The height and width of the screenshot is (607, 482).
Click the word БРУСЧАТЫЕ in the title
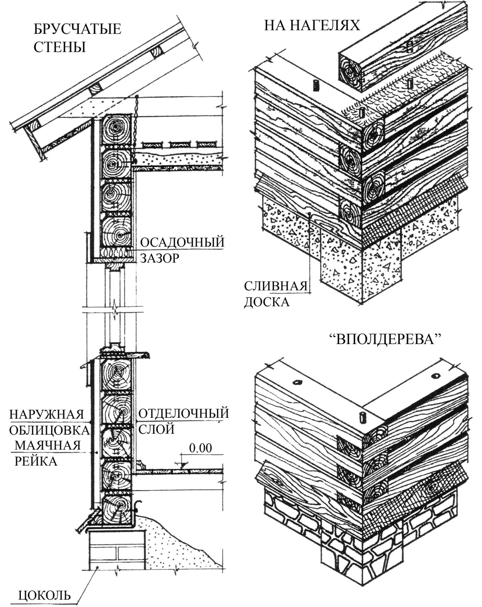[78, 29]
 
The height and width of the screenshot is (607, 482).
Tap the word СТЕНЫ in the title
[59, 47]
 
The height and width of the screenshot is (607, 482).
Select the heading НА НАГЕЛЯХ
[312, 26]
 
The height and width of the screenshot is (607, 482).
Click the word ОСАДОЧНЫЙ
[183, 242]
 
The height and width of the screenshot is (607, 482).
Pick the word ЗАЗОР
[160, 258]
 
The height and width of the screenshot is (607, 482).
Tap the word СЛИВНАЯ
[276, 286]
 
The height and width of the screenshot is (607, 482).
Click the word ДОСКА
[267, 302]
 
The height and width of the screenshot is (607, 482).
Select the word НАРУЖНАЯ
[47, 414]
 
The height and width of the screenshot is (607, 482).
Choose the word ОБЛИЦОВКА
[49, 430]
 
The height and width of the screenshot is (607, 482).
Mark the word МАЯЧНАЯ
[48, 446]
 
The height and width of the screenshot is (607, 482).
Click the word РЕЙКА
[36, 461]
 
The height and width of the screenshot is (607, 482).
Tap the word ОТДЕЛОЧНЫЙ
[184, 413]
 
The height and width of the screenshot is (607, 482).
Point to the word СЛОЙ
[156, 429]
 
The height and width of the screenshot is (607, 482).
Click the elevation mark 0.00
[200, 448]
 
